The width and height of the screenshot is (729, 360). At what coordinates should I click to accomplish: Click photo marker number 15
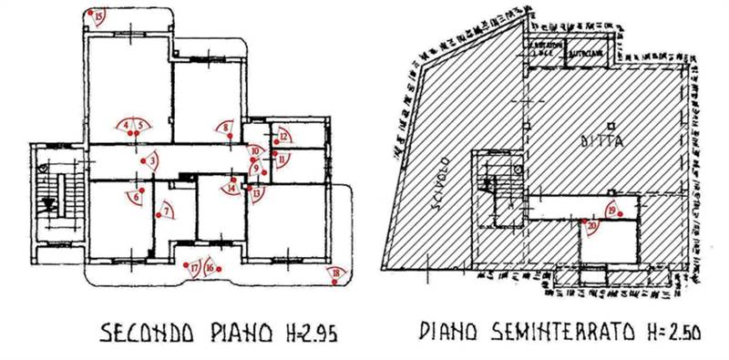coord(98,14)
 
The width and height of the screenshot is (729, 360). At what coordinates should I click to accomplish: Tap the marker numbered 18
coord(338,273)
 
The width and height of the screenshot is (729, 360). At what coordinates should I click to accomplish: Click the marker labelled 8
coord(226,128)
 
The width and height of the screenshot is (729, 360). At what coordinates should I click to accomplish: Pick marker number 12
coord(284,137)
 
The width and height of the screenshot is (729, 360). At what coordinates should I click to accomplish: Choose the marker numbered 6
coord(137,195)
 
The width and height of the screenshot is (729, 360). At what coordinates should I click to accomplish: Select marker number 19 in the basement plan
coord(611,211)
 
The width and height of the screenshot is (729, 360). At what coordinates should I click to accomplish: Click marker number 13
coord(257,192)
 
